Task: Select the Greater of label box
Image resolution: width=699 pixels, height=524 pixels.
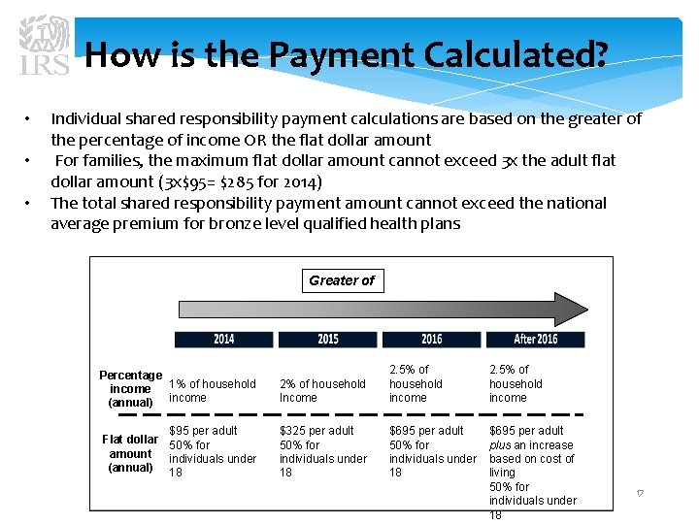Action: (341, 280)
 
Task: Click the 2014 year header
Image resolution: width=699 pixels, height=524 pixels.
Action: (223, 339)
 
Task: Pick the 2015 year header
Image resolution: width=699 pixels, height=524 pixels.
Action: (328, 339)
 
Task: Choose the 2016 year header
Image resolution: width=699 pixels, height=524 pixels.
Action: (432, 339)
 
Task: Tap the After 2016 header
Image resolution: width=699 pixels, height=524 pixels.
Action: (536, 339)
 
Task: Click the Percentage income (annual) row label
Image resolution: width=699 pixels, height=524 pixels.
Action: (131, 388)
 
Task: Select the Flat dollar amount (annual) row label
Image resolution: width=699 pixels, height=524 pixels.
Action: (131, 453)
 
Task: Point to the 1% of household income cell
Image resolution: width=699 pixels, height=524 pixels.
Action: (213, 390)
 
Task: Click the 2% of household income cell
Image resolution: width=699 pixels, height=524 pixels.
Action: (322, 390)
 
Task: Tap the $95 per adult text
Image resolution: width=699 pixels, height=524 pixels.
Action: (203, 431)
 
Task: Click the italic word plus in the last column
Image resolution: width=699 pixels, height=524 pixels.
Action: (500, 445)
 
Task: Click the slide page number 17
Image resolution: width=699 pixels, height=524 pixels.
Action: (640, 494)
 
